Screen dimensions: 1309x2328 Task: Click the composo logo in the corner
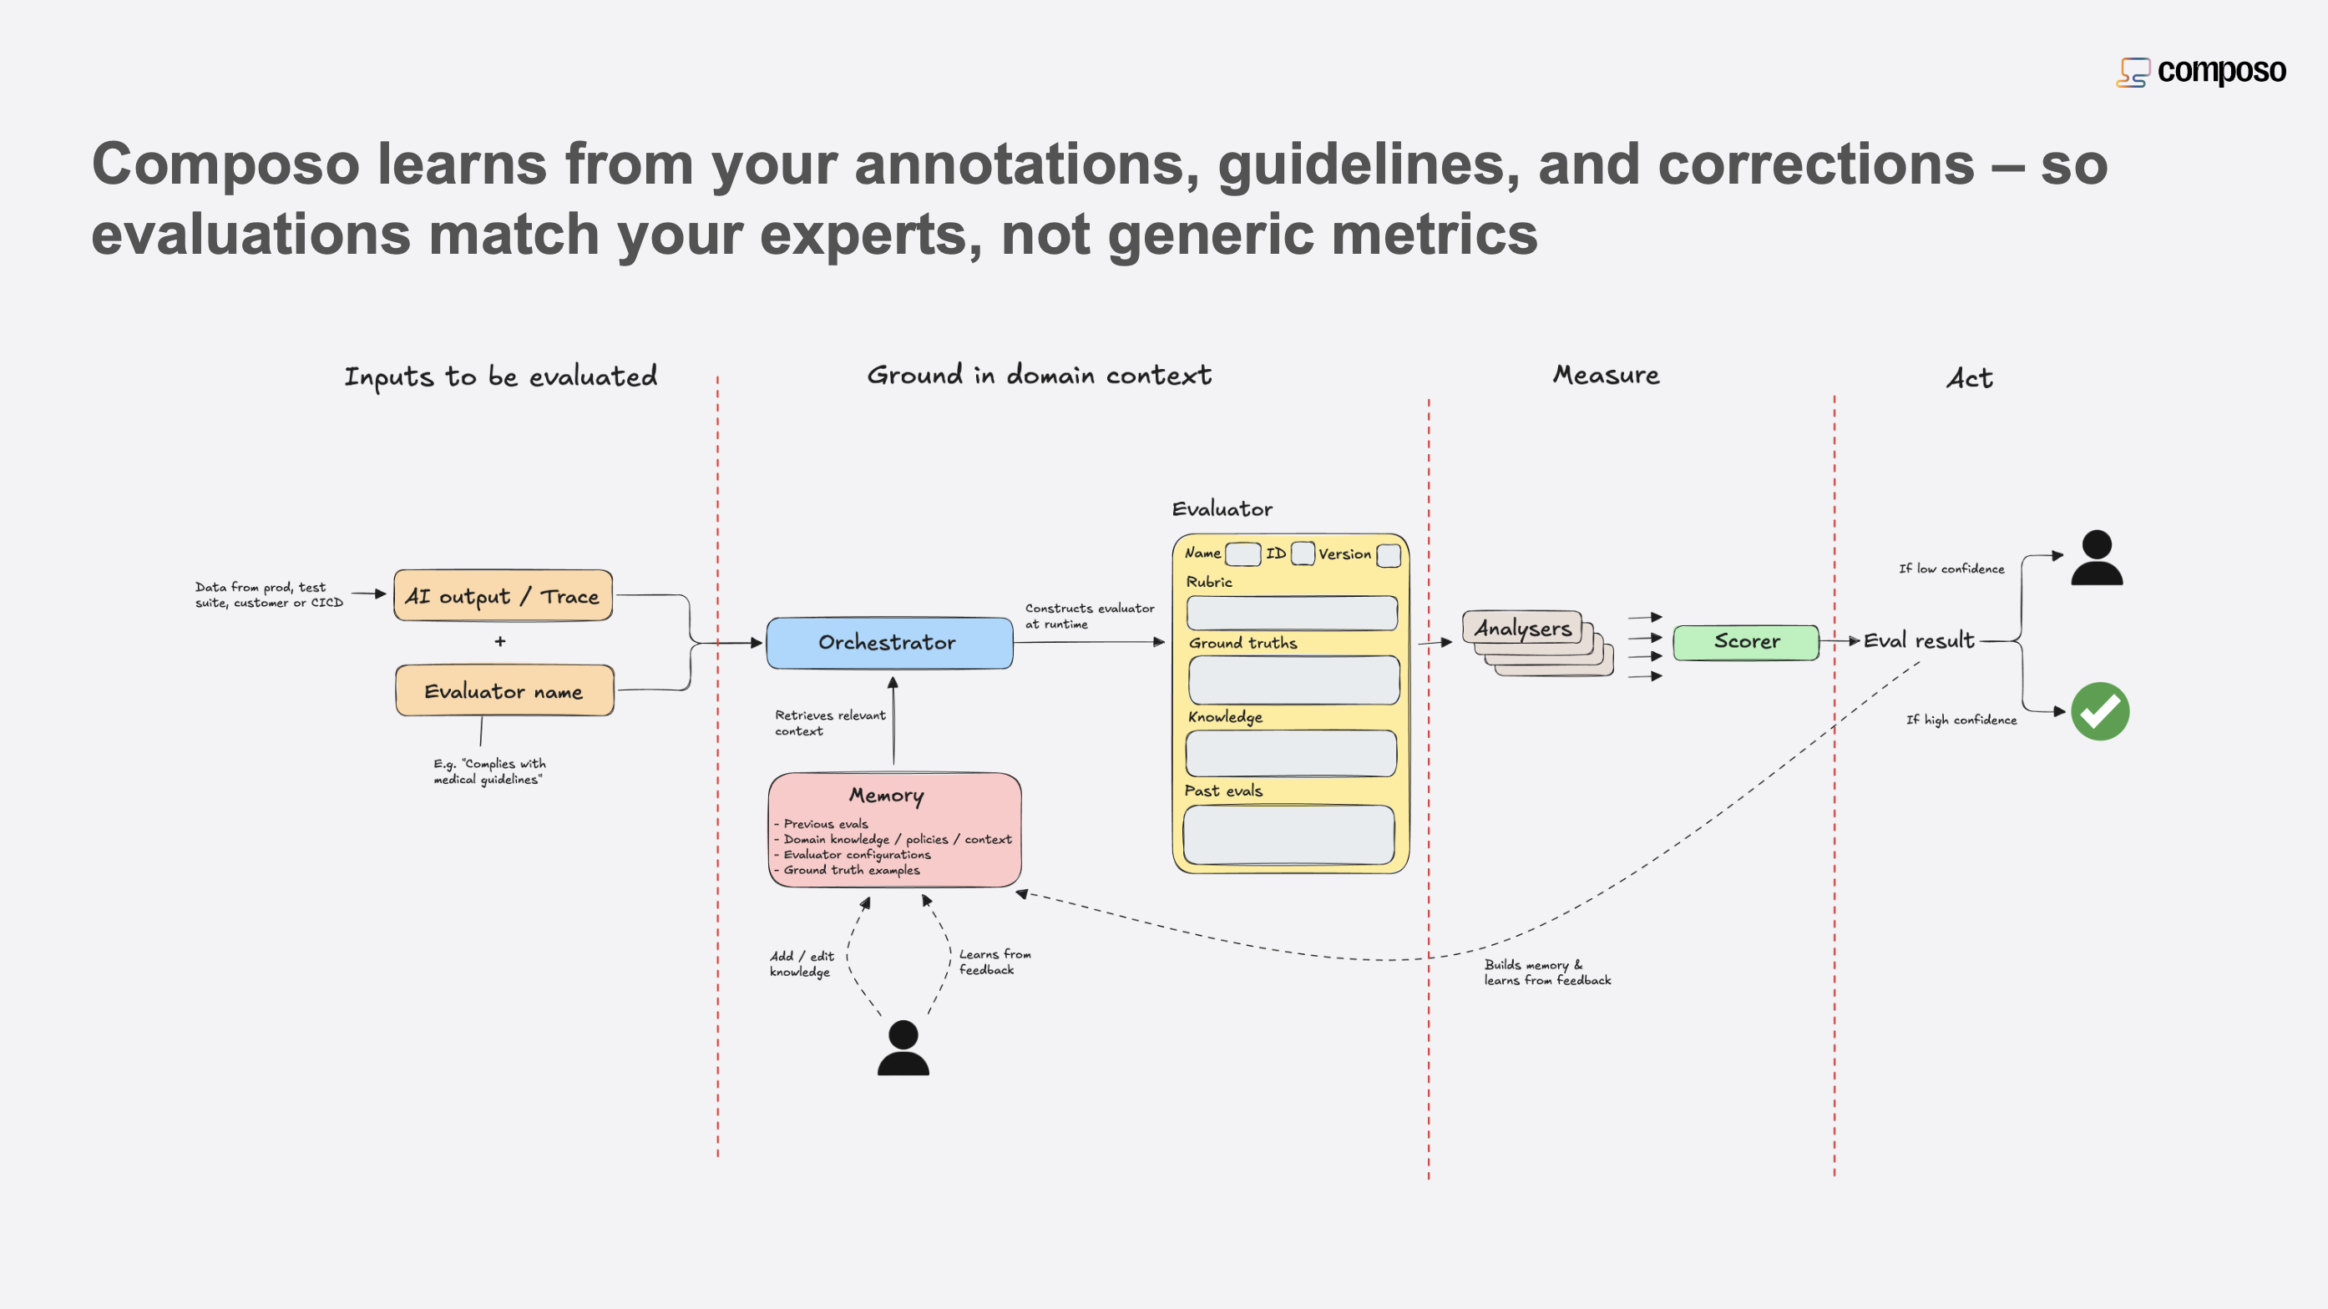tap(2200, 71)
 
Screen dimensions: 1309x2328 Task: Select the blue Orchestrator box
tap(889, 642)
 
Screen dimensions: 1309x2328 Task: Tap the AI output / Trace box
tap(503, 595)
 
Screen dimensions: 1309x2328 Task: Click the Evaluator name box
tap(504, 691)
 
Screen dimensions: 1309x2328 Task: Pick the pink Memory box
tap(893, 829)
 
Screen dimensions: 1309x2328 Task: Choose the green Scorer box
tap(1745, 641)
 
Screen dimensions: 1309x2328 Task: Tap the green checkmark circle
tap(2099, 711)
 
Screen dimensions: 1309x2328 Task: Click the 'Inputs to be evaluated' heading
tap(501, 376)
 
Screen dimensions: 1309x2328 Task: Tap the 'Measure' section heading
tap(1606, 374)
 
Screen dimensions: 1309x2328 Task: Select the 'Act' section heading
tap(1969, 377)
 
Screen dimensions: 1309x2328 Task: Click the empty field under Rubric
tap(1292, 613)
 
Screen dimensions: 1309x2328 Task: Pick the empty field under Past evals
tap(1288, 834)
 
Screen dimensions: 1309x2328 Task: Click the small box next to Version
tap(1388, 553)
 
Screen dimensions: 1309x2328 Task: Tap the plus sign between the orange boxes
tap(500, 641)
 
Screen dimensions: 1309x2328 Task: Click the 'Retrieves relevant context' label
tap(830, 723)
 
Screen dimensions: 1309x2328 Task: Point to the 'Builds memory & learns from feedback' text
tap(1546, 972)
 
